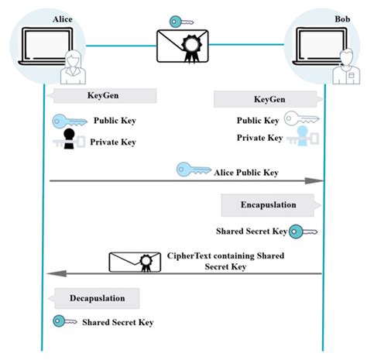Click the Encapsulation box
(x=269, y=205)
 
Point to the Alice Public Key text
(x=246, y=173)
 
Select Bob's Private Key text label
(x=259, y=138)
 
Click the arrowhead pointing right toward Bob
(x=316, y=181)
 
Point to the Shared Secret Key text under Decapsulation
(x=118, y=322)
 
